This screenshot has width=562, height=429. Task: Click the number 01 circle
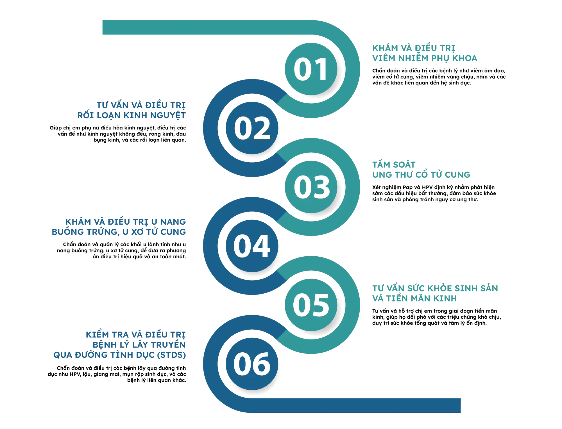tap(311, 69)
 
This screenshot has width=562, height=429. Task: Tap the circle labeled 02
tap(252, 128)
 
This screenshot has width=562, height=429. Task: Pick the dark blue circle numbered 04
tap(252, 246)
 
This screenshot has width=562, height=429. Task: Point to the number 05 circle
tap(311, 305)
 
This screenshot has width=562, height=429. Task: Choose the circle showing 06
tap(252, 364)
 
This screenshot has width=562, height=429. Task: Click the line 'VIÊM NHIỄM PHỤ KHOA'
tap(425, 58)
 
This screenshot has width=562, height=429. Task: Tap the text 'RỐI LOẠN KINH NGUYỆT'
tap(131, 115)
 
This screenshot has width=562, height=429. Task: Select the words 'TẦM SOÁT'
tap(389, 164)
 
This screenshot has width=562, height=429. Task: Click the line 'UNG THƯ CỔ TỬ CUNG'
tap(421, 175)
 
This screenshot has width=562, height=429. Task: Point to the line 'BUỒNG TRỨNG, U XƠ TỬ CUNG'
tap(119, 232)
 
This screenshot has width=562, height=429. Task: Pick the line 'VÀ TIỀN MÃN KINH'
tap(414, 298)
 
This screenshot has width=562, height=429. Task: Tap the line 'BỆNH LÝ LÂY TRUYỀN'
tap(139, 345)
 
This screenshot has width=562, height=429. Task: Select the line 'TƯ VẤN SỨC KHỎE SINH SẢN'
tap(435, 288)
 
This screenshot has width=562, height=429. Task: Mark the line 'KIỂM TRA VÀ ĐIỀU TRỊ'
tap(136, 335)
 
